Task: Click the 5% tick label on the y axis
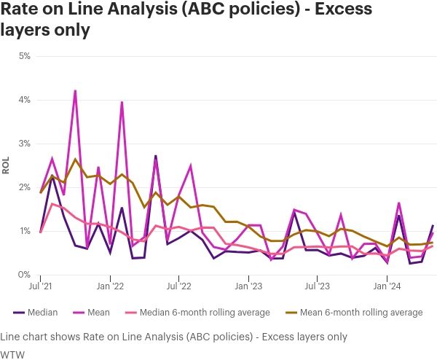(x=24, y=56)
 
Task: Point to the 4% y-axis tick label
(x=24, y=100)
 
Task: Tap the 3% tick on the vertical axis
(x=24, y=144)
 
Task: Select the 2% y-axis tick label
(x=24, y=187)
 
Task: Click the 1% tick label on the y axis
(x=24, y=231)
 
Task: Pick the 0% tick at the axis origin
(x=24, y=275)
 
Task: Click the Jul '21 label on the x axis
(x=41, y=287)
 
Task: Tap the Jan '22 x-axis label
(x=110, y=287)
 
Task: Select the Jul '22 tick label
(x=179, y=287)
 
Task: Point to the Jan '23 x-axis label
(x=248, y=287)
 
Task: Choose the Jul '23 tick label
(x=318, y=287)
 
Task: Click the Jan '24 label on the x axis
(x=387, y=287)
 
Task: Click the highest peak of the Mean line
(x=75, y=91)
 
